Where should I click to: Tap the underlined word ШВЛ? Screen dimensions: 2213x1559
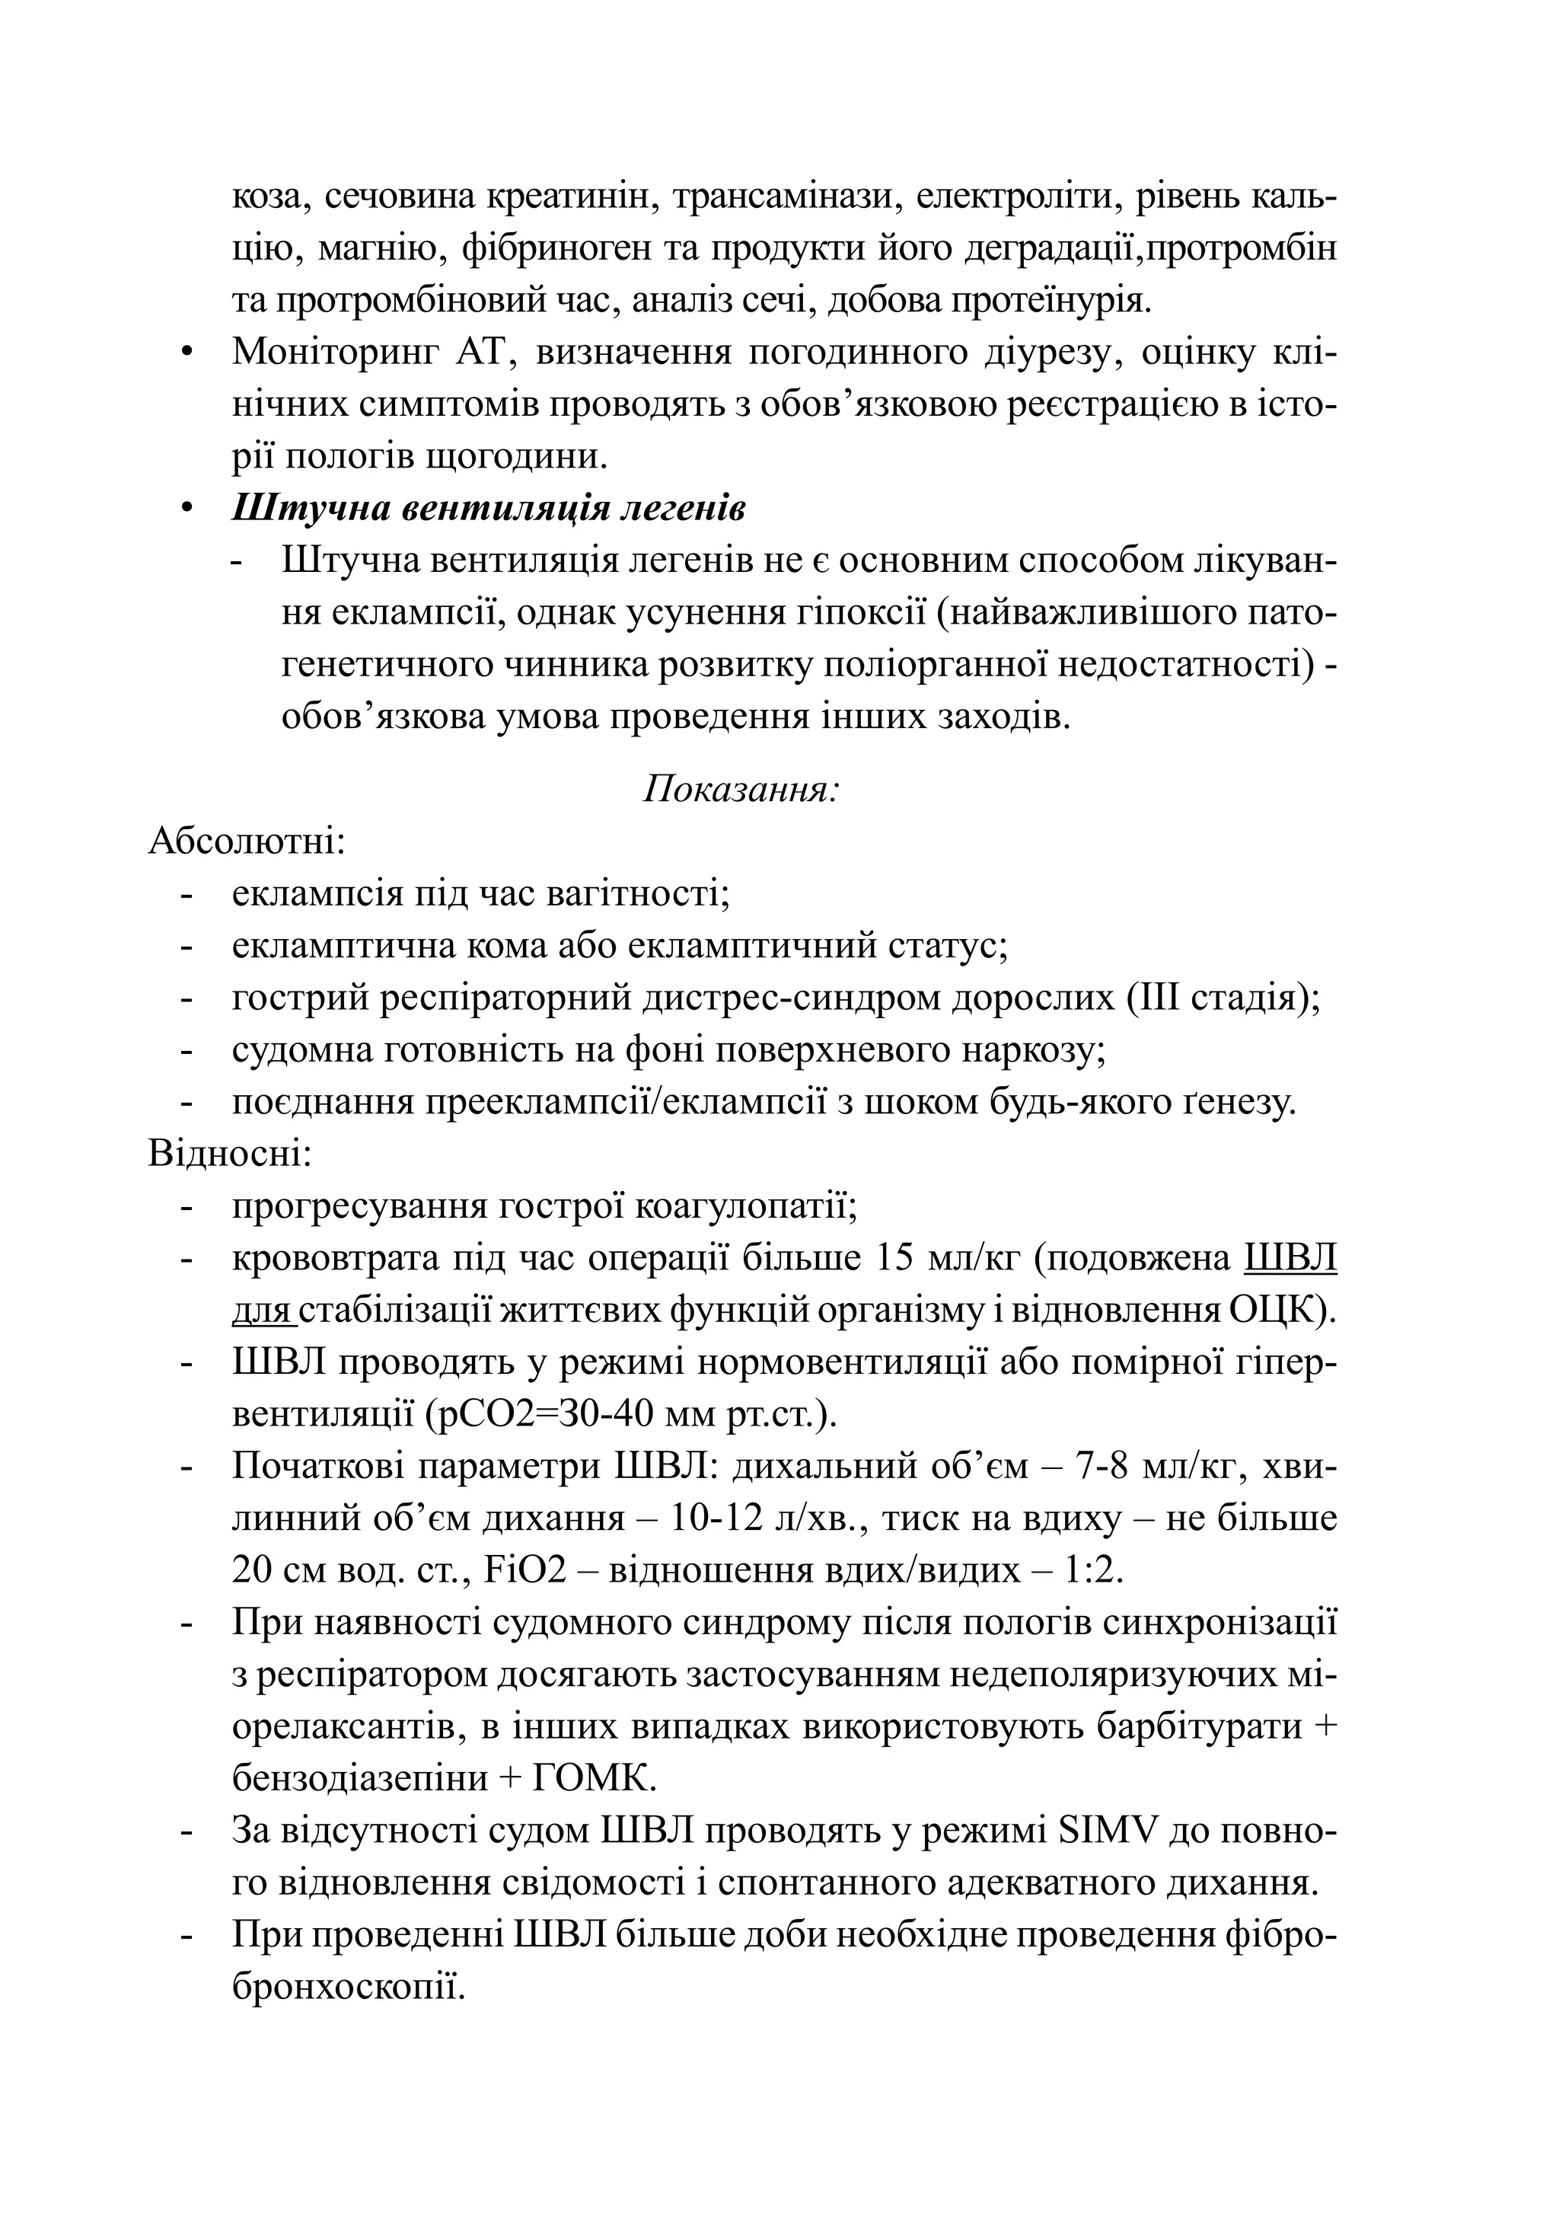coord(1291,1258)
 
